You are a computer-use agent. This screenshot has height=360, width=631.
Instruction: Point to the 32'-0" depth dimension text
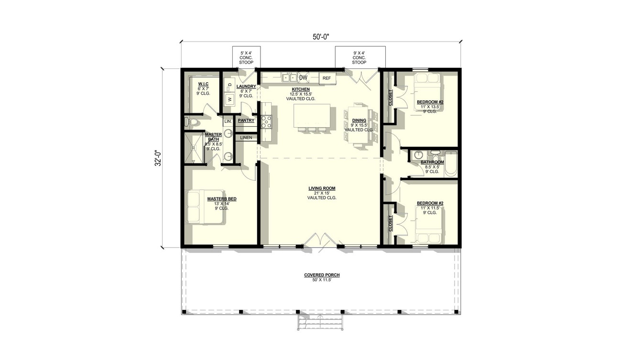(x=157, y=158)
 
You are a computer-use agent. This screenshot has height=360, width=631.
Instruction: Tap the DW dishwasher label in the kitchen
(x=303, y=77)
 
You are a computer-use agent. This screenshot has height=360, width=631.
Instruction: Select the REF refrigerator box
(x=327, y=78)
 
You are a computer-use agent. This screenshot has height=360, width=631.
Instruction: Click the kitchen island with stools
(x=312, y=116)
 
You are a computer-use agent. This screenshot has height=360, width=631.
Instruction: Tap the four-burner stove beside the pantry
(x=266, y=122)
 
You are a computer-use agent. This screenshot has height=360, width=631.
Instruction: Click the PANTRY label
(x=246, y=120)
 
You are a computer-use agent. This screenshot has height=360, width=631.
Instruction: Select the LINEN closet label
(x=246, y=138)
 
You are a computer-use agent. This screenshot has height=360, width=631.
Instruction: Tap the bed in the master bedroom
(x=204, y=207)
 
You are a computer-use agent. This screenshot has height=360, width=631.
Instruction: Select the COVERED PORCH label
(x=322, y=275)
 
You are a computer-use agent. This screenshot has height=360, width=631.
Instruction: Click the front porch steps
(x=321, y=322)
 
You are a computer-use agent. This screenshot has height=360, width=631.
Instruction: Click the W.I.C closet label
(x=203, y=84)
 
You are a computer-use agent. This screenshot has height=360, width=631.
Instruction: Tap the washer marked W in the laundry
(x=229, y=99)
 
